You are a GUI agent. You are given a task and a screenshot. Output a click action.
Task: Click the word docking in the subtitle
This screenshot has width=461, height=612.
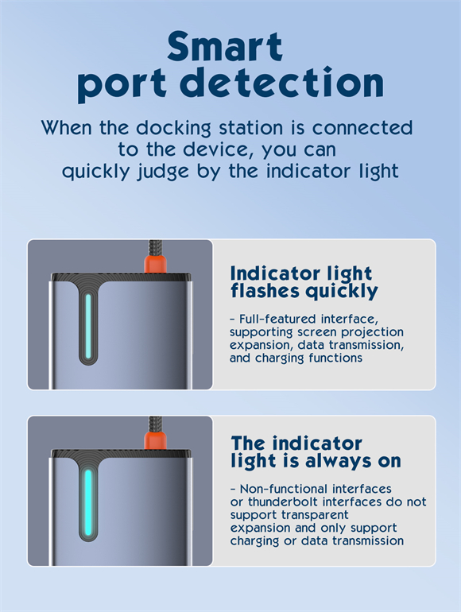(x=173, y=129)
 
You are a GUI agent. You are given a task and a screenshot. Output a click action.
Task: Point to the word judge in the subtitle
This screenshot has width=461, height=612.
(x=163, y=172)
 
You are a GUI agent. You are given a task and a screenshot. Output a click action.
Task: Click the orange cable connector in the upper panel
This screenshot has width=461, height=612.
(x=155, y=263)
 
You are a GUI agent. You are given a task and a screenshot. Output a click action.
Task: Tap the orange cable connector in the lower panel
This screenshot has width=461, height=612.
(x=155, y=440)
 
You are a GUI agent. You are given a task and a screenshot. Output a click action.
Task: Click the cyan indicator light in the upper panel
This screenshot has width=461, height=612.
(x=88, y=327)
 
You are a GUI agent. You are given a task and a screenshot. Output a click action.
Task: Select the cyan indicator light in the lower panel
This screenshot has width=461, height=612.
(x=88, y=502)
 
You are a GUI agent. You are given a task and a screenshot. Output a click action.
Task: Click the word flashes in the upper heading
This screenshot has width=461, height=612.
(x=265, y=290)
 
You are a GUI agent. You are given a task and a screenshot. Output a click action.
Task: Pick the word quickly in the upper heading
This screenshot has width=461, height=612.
(x=342, y=292)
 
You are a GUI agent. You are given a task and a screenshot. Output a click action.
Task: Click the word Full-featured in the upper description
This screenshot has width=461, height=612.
(x=278, y=319)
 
